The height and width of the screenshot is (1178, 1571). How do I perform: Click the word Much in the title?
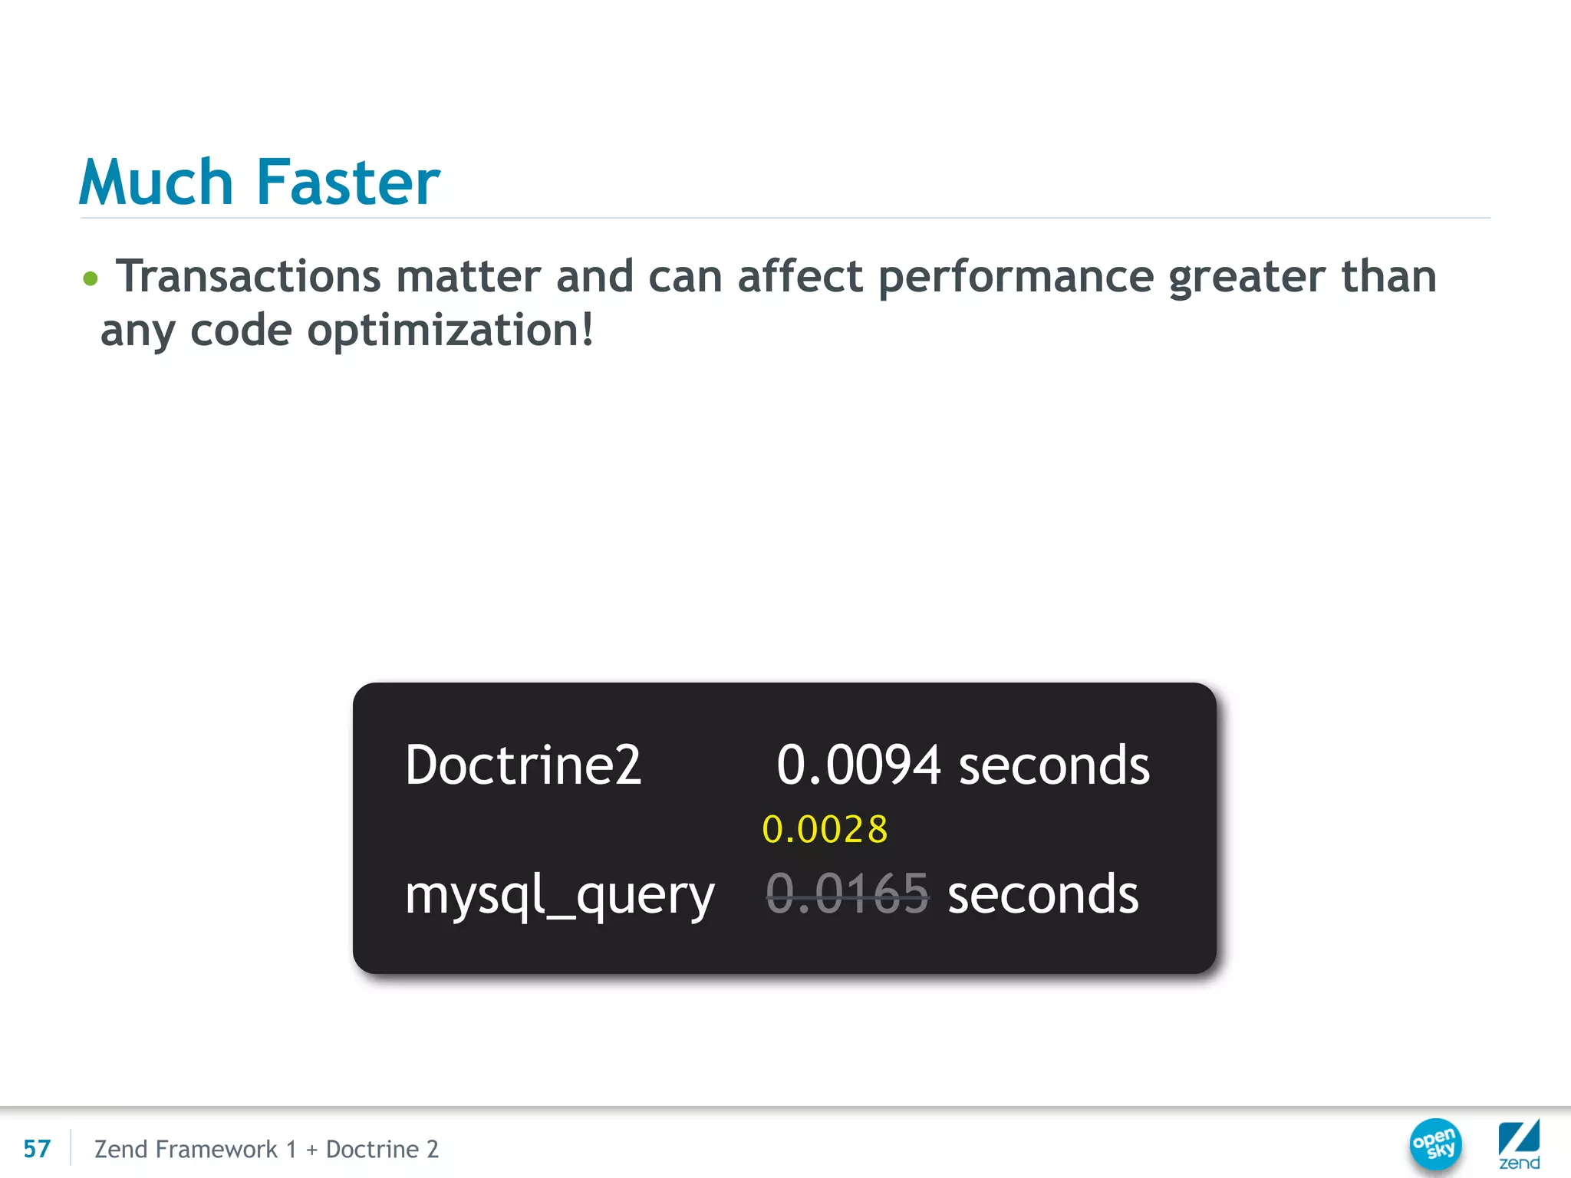click(x=156, y=183)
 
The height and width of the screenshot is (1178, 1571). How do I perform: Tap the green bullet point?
click(x=91, y=278)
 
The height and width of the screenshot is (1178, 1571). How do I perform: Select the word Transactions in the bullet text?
click(x=248, y=276)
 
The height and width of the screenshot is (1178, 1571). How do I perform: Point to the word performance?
click(x=1016, y=278)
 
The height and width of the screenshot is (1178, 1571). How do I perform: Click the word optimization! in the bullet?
click(x=450, y=331)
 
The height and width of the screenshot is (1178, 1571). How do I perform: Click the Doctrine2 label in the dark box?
click(x=523, y=765)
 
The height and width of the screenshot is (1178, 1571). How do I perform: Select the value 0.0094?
click(x=858, y=765)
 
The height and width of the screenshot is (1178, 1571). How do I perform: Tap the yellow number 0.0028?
click(x=825, y=830)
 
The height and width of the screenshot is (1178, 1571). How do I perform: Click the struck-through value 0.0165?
click(x=848, y=894)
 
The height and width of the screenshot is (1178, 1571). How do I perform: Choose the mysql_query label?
click(x=560, y=896)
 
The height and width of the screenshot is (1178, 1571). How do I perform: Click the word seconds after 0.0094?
click(x=1054, y=765)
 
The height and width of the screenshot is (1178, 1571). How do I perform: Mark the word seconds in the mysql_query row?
click(x=1043, y=894)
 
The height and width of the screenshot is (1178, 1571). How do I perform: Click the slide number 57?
click(x=37, y=1149)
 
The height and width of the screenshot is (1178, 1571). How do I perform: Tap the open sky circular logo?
click(x=1435, y=1144)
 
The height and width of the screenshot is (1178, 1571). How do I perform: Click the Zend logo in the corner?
click(x=1519, y=1144)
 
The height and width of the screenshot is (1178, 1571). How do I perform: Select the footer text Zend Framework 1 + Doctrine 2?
click(x=266, y=1149)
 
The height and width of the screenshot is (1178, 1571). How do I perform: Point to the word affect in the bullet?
click(x=800, y=276)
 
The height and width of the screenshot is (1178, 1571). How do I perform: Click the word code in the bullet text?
click(x=241, y=331)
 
